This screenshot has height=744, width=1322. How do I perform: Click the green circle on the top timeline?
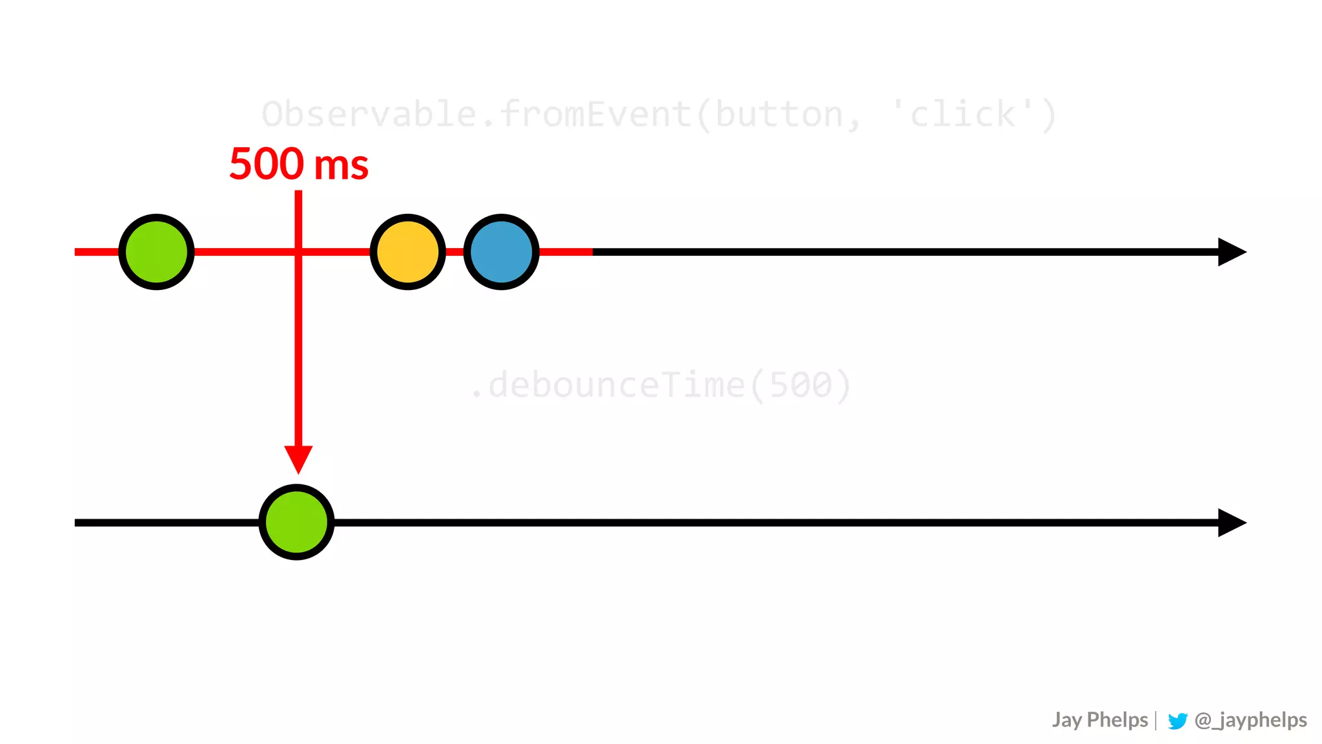pyautogui.click(x=156, y=252)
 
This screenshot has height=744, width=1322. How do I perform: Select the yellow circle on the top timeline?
pyautogui.click(x=407, y=252)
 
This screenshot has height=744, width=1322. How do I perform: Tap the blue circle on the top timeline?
pyautogui.click(x=501, y=252)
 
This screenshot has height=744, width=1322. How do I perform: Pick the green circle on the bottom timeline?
pyautogui.click(x=296, y=522)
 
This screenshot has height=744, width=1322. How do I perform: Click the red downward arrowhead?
pyautogui.click(x=298, y=459)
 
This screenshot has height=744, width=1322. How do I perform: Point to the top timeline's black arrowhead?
pyautogui.click(x=1231, y=252)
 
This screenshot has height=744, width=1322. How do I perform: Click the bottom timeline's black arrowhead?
pyautogui.click(x=1231, y=522)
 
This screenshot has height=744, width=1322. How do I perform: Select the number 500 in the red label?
pyautogui.click(x=267, y=164)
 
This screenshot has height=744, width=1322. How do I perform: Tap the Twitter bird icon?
pyautogui.click(x=1177, y=721)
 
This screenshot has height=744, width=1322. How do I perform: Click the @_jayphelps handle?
pyautogui.click(x=1250, y=720)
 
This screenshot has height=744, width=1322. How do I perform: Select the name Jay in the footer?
pyautogui.click(x=1066, y=720)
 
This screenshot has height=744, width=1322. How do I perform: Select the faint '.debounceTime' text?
pyautogui.click(x=607, y=386)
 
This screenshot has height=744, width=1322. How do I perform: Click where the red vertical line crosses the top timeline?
pyautogui.click(x=298, y=252)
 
